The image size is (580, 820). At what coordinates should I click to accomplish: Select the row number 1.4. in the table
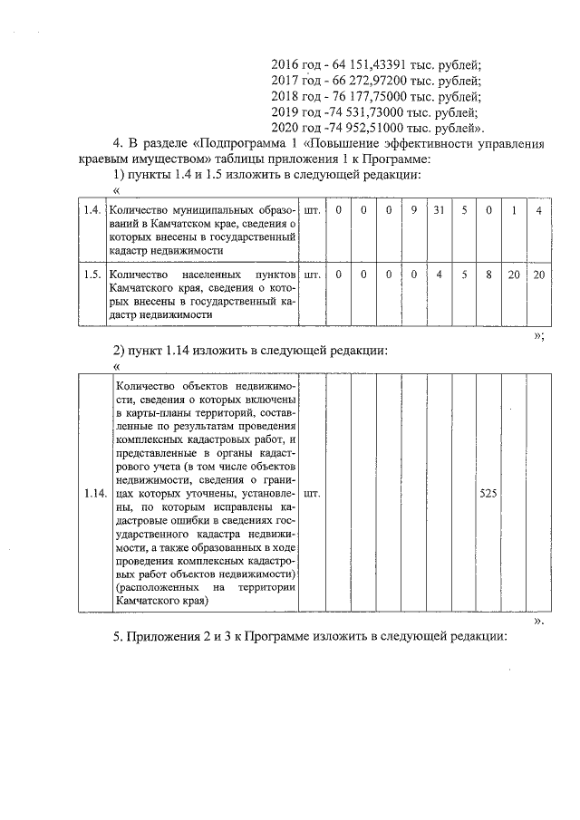pyautogui.click(x=91, y=210)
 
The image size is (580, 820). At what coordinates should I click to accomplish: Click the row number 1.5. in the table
pyautogui.click(x=91, y=274)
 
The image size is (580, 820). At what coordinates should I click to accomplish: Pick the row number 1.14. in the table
pyautogui.click(x=92, y=494)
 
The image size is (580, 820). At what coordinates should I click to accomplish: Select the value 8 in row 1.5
pyautogui.click(x=488, y=274)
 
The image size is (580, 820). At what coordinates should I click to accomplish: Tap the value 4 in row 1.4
pyautogui.click(x=538, y=210)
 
